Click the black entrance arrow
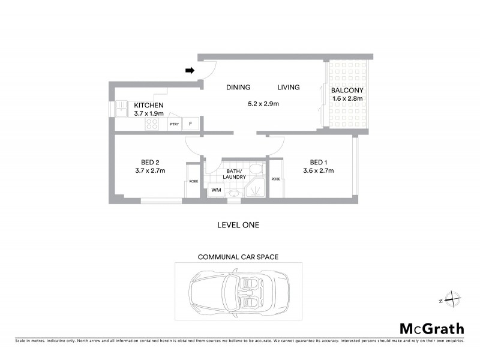pos(190,71)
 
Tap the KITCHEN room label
pos(149,105)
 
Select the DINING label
pos(238,88)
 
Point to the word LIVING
pos(288,88)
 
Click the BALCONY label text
pos(347,91)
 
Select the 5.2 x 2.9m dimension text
pos(263,104)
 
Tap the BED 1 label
pos(318,162)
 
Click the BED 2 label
pos(149,162)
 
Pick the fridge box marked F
pos(191,124)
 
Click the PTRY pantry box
pos(174,124)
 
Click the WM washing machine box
pos(215,191)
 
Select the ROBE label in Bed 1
pos(276,179)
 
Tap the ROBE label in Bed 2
pos(193,181)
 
